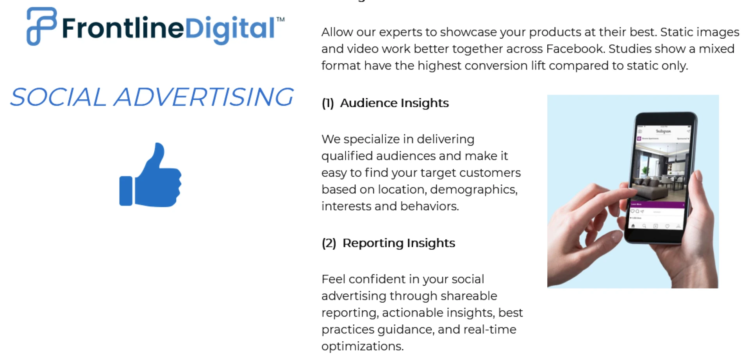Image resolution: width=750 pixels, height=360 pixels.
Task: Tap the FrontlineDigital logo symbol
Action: (x=41, y=26)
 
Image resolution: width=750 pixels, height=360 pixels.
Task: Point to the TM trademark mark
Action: (x=280, y=19)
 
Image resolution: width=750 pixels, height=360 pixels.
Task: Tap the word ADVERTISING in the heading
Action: (x=204, y=97)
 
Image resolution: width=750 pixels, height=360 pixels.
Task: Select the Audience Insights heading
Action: (x=394, y=103)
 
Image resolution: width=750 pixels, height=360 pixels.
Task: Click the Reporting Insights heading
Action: (x=398, y=243)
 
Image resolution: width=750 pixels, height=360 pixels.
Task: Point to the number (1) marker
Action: (x=328, y=103)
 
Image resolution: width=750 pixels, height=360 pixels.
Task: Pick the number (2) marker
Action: (x=329, y=243)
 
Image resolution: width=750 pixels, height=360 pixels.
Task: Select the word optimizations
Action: (x=362, y=346)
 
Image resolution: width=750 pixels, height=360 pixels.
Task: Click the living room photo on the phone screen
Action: (x=660, y=172)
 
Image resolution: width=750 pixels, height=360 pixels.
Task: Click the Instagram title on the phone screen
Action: (x=663, y=131)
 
